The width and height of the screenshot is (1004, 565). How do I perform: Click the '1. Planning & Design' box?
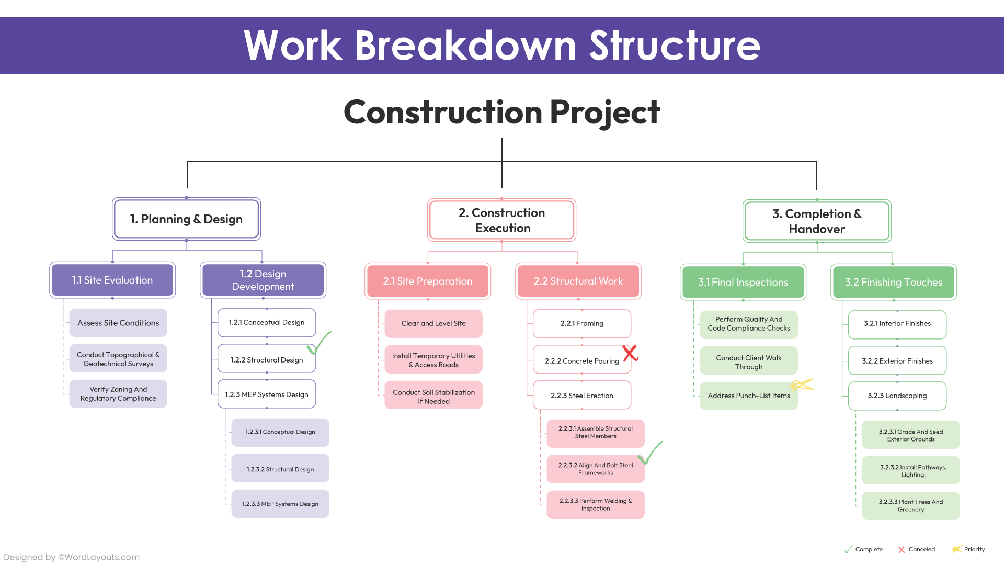186,219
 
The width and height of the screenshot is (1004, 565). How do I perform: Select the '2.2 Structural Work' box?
578,281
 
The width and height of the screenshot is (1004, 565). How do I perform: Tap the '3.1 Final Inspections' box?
743,282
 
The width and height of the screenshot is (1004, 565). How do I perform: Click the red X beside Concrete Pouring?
630,353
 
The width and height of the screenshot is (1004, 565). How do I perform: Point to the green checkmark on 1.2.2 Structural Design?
319,343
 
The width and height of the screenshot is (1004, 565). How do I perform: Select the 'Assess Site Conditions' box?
118,323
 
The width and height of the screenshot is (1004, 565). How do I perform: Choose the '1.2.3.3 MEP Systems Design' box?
280,504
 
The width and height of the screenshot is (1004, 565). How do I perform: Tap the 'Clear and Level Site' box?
433,324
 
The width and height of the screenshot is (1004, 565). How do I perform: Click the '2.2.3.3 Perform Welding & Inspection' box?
595,505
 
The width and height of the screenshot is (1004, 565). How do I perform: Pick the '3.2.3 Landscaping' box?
897,396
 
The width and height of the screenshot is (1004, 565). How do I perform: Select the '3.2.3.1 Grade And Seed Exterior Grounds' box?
910,435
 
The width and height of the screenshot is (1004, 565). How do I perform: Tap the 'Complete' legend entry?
863,549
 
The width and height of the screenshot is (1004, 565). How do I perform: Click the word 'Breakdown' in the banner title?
465,46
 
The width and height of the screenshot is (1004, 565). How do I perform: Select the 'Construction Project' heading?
501,112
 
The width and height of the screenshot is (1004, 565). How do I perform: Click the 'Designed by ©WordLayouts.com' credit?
72,557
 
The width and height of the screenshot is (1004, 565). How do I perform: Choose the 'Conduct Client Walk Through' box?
748,362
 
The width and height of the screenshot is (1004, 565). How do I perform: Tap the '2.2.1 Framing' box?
581,324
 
